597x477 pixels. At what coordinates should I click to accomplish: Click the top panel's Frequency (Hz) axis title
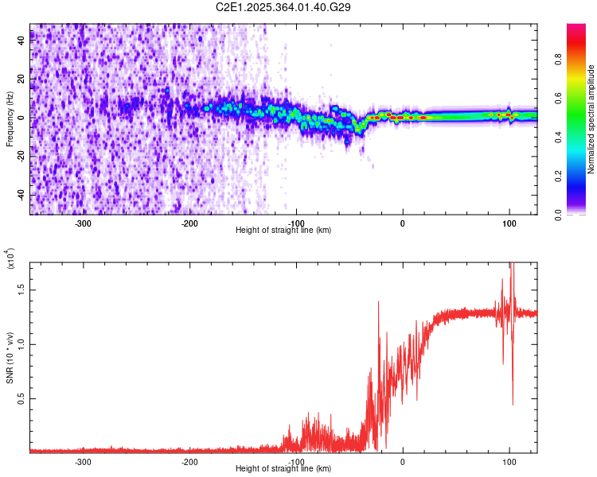[10, 119]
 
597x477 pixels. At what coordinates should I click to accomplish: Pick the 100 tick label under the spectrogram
[509, 223]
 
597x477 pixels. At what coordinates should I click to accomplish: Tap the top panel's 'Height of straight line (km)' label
[283, 231]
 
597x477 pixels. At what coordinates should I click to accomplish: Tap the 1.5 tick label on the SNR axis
[22, 290]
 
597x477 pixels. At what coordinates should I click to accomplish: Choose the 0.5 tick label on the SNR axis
[22, 398]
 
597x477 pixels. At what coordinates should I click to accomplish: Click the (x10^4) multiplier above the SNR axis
[10, 259]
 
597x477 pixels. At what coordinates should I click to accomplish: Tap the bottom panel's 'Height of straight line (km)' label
[283, 469]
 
